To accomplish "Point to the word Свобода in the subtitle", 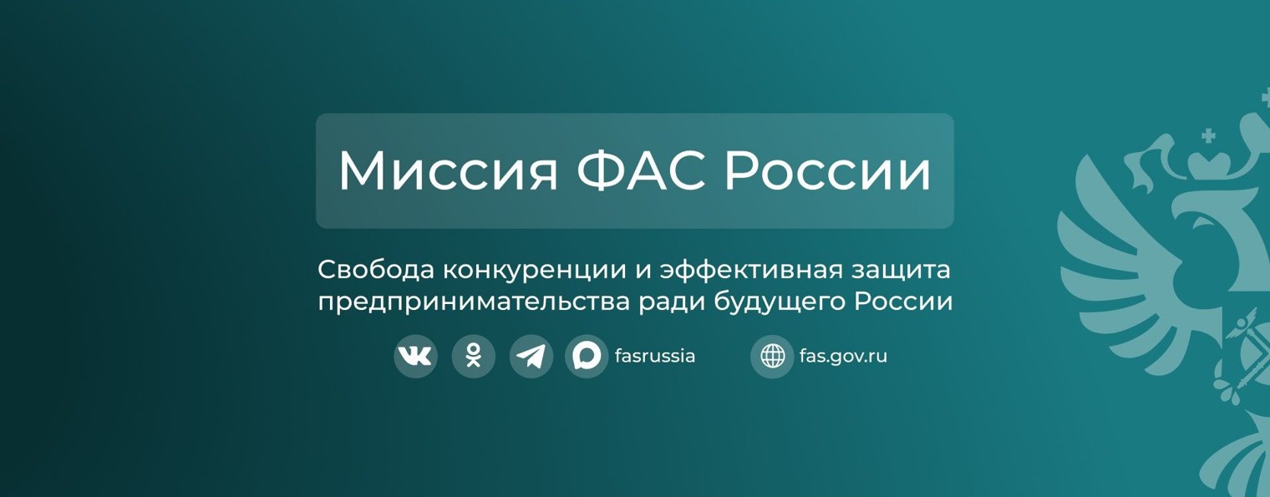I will click(x=375, y=271).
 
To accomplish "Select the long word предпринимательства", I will click(x=473, y=302).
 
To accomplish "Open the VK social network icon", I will click(x=415, y=357).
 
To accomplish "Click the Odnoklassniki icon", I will click(x=473, y=357).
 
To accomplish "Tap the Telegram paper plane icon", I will click(x=531, y=357).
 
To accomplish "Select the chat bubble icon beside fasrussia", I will click(x=587, y=357).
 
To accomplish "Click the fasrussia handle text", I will click(x=655, y=357).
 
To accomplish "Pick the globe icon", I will click(x=772, y=357).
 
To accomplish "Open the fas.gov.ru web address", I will click(x=843, y=357).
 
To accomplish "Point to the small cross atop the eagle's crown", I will click(x=1208, y=134).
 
